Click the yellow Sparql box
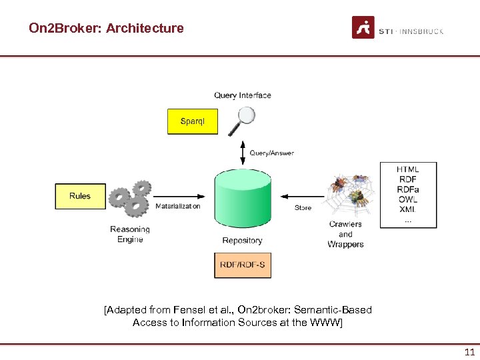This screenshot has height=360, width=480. pyautogui.click(x=192, y=121)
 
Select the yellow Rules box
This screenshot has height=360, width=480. pyautogui.click(x=80, y=196)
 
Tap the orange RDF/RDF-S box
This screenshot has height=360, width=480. pyautogui.click(x=242, y=265)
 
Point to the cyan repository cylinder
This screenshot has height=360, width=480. pyautogui.click(x=243, y=199)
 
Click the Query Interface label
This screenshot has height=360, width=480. pyautogui.click(x=243, y=95)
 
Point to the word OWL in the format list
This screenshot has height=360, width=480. pyautogui.click(x=407, y=199)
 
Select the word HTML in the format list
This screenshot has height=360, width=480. pyautogui.click(x=407, y=169)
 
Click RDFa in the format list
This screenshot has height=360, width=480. pyautogui.click(x=407, y=189)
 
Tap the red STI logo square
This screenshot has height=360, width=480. pyautogui.click(x=363, y=28)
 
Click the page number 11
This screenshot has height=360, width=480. pyautogui.click(x=469, y=353)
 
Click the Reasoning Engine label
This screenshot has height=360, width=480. pyautogui.click(x=130, y=235)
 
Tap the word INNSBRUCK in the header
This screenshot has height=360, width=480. pyautogui.click(x=422, y=31)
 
